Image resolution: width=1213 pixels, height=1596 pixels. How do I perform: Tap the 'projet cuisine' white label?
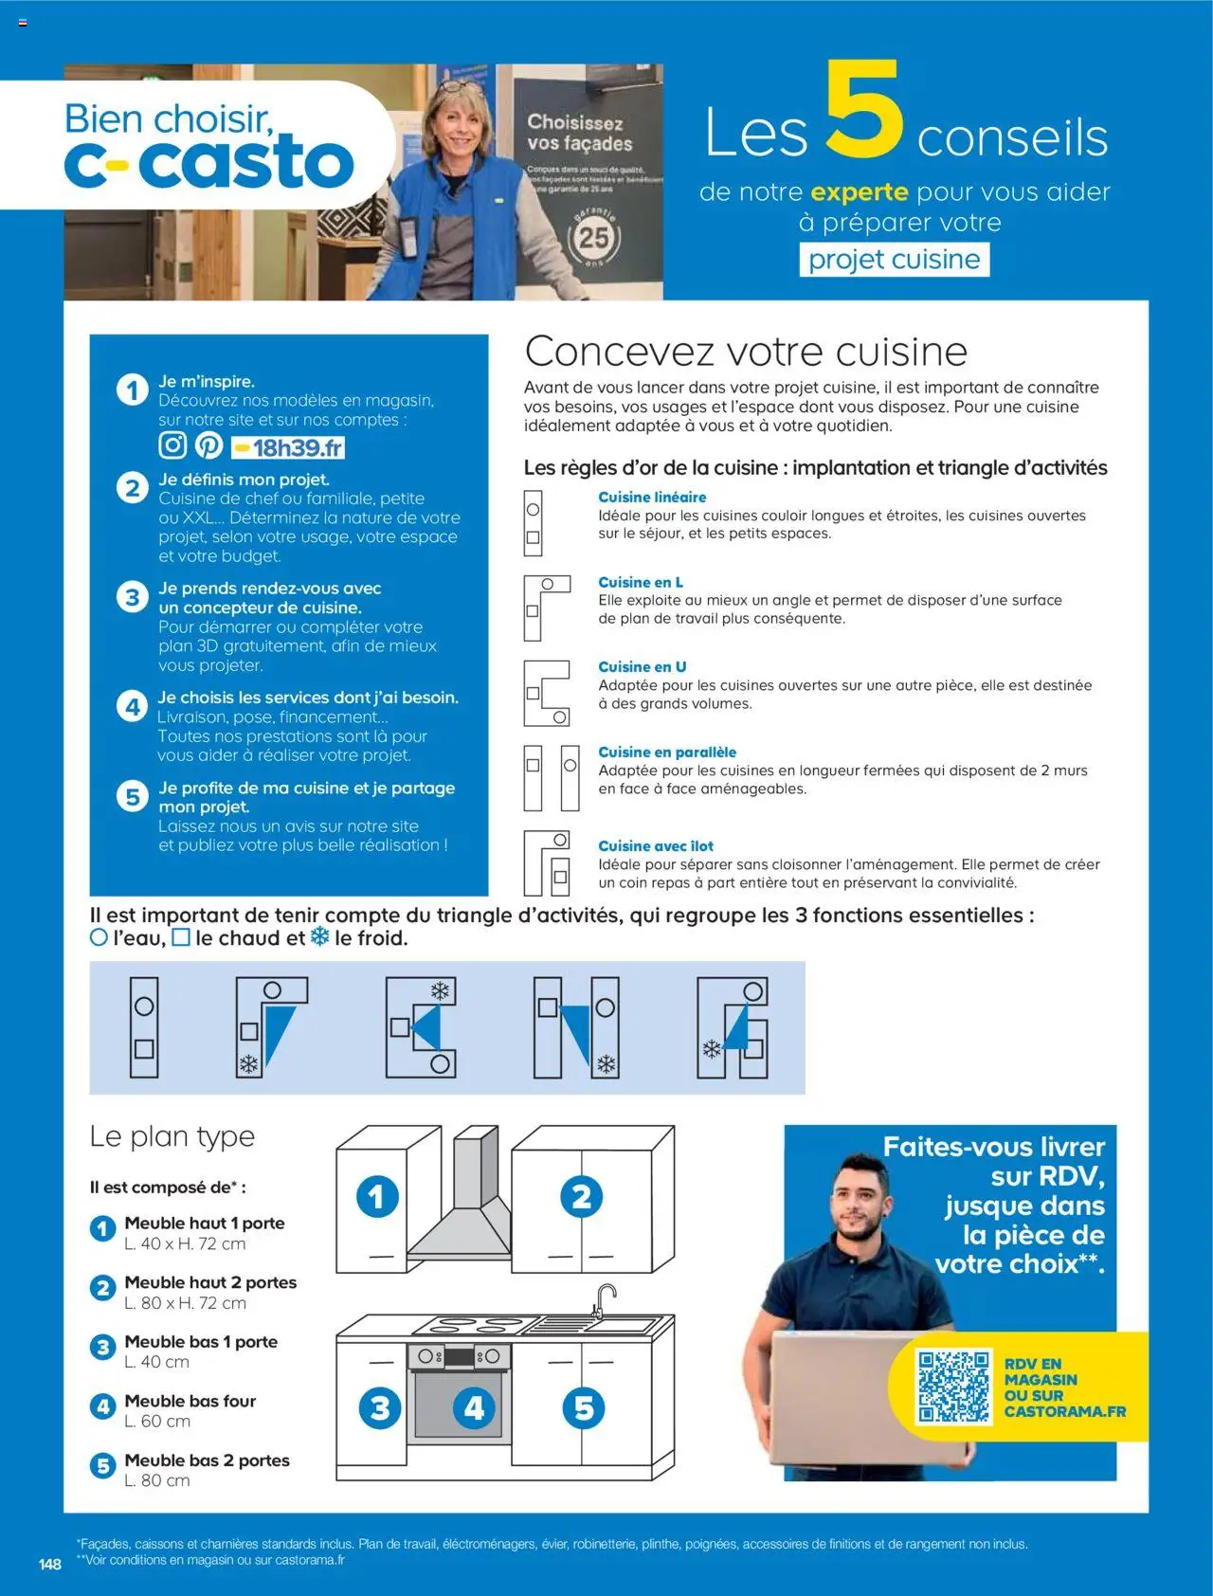(x=894, y=259)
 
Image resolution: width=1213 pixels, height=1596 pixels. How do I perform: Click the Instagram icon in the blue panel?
(x=172, y=444)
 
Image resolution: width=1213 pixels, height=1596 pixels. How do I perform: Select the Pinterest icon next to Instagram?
(x=208, y=444)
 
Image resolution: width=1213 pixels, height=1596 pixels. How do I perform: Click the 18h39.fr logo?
(x=288, y=447)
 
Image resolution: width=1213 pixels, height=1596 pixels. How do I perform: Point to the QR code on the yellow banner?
(x=953, y=1386)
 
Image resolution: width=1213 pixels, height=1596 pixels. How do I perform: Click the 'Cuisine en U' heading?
(x=642, y=666)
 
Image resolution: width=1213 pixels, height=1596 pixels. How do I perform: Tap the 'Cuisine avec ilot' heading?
(x=655, y=845)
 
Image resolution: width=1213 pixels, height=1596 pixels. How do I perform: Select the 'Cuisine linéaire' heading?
(x=651, y=497)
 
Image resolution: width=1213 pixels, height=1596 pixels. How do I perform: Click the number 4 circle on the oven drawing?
(x=474, y=1407)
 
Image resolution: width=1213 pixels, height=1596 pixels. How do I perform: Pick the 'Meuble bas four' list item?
(x=190, y=1401)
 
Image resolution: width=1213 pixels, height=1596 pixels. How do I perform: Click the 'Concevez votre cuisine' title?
(x=746, y=351)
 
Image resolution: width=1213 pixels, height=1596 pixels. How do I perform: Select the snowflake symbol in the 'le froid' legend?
(x=320, y=937)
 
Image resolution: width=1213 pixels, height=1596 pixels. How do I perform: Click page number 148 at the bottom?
(x=50, y=1564)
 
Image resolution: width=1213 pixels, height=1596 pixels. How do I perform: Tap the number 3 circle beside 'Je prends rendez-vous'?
(x=133, y=597)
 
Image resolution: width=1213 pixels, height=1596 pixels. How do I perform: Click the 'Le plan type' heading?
(x=172, y=1135)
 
